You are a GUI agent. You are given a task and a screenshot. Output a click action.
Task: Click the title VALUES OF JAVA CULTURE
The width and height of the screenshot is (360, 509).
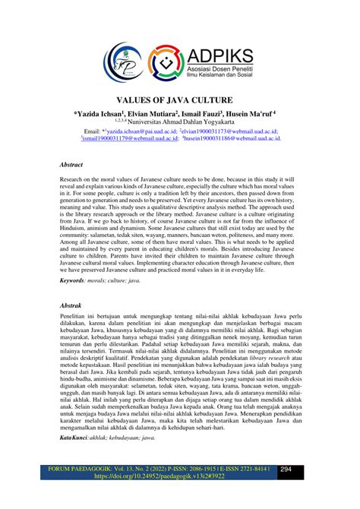pos(179,100)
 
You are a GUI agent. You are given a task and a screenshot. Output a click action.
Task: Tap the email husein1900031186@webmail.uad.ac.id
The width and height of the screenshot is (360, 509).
pos(231,139)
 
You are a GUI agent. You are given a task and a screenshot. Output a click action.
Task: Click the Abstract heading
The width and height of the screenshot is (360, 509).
pos(71,163)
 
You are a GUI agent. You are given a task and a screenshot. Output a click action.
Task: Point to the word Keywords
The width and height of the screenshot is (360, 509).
pos(72,280)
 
